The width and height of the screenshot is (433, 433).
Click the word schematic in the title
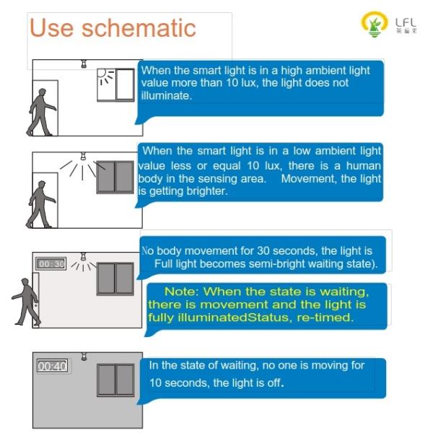(139, 27)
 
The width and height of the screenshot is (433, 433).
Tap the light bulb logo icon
(374, 24)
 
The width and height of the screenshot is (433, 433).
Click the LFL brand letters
(406, 23)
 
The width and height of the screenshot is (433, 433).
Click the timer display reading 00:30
(51, 263)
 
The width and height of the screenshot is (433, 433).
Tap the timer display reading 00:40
(52, 366)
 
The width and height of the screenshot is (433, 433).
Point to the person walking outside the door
(27, 301)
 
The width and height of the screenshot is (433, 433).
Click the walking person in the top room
(41, 112)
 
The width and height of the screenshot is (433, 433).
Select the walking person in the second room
(41, 204)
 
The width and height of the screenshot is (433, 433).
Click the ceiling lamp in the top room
(84, 64)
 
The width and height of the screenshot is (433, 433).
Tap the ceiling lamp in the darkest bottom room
(84, 357)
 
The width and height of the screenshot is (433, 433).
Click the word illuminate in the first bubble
(166, 95)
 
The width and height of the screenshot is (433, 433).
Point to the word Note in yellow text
(181, 292)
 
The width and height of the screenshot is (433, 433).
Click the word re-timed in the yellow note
(325, 318)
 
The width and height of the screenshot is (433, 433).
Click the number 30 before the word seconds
(263, 250)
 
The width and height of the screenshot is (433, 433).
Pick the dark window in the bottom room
(115, 380)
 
